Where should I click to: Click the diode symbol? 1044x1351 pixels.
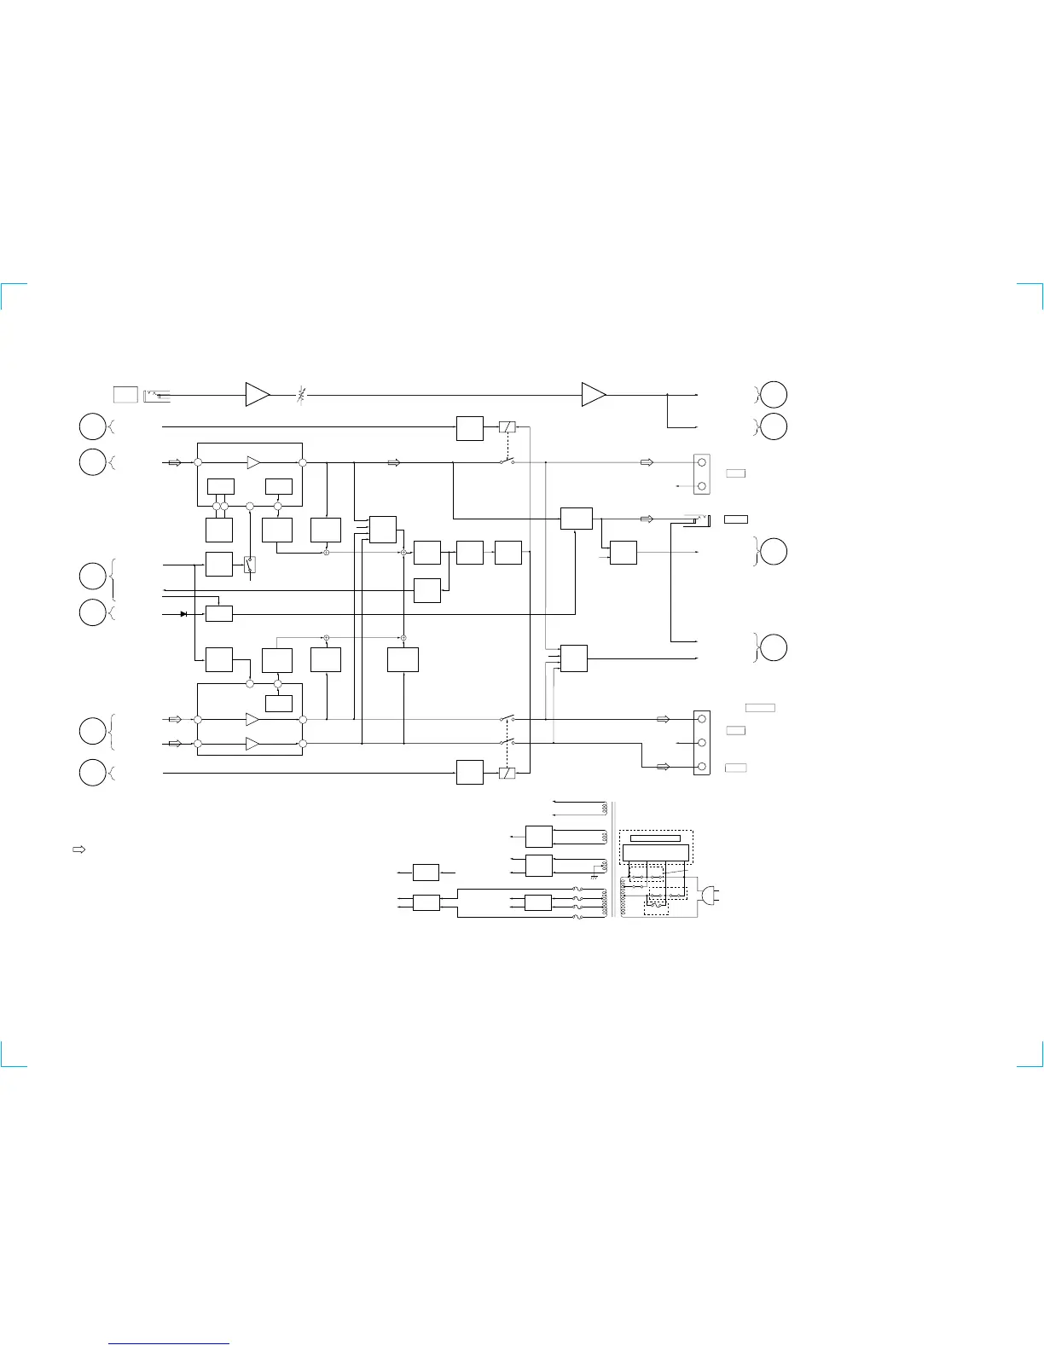(x=183, y=613)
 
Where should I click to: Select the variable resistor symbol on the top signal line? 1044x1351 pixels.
(x=300, y=395)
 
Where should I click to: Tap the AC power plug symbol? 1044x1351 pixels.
(x=709, y=895)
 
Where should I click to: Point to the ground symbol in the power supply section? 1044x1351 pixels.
(x=594, y=877)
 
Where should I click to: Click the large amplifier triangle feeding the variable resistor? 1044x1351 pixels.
(x=257, y=395)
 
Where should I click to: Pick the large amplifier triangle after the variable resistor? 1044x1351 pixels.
(x=593, y=395)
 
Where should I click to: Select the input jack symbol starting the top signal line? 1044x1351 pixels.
(x=158, y=394)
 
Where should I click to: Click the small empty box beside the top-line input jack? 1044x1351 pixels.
(x=125, y=394)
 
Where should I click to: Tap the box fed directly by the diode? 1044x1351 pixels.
(x=219, y=613)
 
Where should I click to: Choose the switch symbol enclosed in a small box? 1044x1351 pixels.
(x=250, y=564)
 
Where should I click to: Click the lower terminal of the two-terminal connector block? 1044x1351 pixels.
(x=702, y=486)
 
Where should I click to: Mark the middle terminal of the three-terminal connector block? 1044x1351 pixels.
(x=702, y=743)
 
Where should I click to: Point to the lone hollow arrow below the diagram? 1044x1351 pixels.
(x=78, y=849)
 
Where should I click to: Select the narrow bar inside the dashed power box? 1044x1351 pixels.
(x=655, y=838)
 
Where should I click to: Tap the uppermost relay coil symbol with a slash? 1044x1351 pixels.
(x=507, y=426)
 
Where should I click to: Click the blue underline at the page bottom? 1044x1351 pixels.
(x=170, y=1343)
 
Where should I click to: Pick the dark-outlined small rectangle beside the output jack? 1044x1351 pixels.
(x=736, y=519)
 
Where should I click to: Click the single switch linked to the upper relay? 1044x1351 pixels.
(x=507, y=463)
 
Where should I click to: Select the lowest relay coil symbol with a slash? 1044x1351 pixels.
(x=507, y=774)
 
